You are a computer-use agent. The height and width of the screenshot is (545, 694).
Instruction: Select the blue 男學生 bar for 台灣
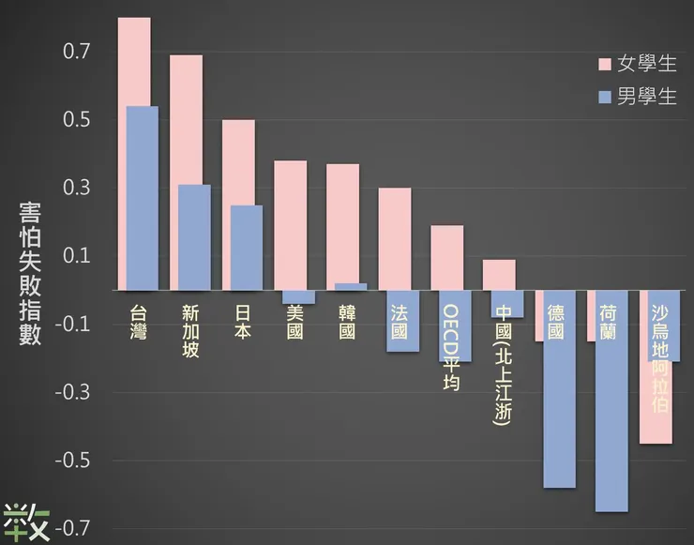tap(143, 197)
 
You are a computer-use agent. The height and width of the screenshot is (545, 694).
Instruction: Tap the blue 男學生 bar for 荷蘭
tap(611, 422)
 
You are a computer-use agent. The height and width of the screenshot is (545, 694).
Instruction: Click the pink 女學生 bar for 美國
tap(290, 225)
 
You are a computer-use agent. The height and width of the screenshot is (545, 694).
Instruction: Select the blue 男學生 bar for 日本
tap(247, 248)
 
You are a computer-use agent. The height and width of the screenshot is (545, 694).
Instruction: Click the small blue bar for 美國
tap(299, 297)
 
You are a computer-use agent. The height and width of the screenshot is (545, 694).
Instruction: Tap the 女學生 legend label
tap(646, 64)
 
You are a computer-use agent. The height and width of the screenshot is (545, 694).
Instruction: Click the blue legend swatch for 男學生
tap(605, 97)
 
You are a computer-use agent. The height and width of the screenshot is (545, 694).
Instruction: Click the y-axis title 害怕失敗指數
tap(30, 272)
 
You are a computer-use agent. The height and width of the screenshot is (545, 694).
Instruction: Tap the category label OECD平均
tap(451, 347)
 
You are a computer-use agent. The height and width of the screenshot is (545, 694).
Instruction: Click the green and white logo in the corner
tap(25, 522)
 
